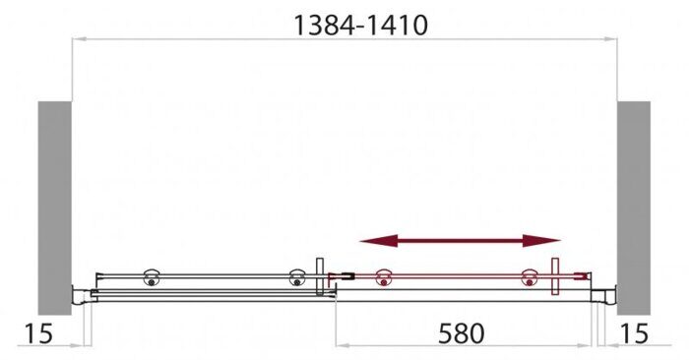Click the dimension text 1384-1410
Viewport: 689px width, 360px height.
360,26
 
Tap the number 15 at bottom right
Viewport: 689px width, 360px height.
635,333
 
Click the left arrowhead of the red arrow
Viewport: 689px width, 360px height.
369,241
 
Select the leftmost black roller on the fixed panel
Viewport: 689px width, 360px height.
152,278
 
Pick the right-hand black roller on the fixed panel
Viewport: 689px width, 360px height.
295,279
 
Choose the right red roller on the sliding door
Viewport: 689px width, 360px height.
530,279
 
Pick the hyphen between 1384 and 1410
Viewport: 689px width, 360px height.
357,27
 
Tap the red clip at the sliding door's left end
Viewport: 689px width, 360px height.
340,277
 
